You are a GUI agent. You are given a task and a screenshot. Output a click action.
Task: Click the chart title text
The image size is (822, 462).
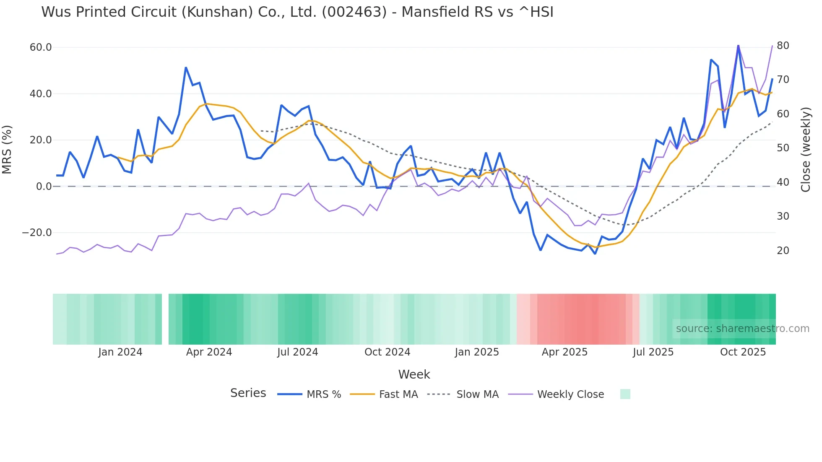tap(297, 12)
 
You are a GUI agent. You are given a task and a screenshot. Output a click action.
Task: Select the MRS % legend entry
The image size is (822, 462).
tap(323, 395)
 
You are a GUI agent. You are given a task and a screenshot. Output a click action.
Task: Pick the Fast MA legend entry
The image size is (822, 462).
tap(398, 395)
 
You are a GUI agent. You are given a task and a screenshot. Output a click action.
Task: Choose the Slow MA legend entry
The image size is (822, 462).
tap(477, 395)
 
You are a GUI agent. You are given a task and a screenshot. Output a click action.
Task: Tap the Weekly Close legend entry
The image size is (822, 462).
tap(570, 395)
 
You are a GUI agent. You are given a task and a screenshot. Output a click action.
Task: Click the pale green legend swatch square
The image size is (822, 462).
tap(625, 394)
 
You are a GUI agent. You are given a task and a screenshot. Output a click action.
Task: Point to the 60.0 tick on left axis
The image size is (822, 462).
tap(41, 47)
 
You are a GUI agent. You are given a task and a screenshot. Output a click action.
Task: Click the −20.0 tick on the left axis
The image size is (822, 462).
tap(37, 233)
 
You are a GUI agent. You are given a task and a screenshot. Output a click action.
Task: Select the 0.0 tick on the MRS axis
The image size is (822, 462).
tap(44, 187)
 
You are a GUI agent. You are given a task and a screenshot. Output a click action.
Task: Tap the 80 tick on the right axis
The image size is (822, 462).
tap(783, 46)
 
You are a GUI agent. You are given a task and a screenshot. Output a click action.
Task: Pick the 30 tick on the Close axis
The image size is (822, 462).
tap(783, 216)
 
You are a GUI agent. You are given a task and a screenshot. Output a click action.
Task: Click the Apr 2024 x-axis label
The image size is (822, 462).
tap(209, 352)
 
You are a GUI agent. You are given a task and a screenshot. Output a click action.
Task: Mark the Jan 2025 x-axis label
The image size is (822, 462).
tap(477, 352)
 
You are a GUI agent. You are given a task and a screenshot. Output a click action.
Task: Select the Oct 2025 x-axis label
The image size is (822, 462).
tap(743, 352)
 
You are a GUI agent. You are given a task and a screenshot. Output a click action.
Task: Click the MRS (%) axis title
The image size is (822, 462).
tap(7, 149)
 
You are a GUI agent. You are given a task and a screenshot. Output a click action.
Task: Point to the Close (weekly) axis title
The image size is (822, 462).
tap(806, 150)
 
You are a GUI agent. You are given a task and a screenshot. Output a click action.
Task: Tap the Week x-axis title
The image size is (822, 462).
tap(414, 374)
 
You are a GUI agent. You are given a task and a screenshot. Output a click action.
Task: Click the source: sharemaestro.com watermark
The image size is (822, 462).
tap(742, 329)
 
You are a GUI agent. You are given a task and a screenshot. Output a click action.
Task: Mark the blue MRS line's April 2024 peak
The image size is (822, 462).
tap(186, 67)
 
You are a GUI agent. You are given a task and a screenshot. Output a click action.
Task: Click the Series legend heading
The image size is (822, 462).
tap(248, 393)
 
